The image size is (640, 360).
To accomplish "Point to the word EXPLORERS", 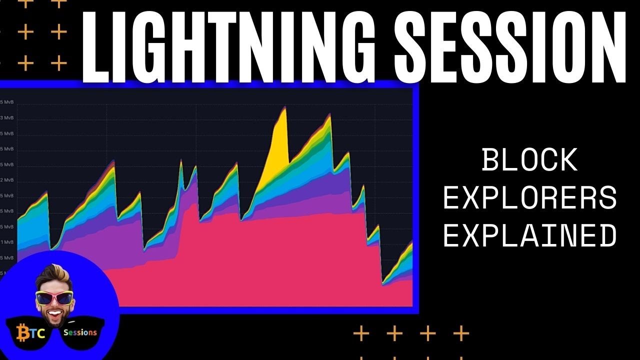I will pyautogui.click(x=530, y=198).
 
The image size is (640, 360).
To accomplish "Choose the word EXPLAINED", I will pyautogui.click(x=530, y=236).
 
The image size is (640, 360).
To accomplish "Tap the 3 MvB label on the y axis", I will pyautogui.click(x=7, y=118).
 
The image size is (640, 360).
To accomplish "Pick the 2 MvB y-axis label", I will pyautogui.click(x=7, y=180).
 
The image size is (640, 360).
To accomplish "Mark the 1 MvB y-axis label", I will pyautogui.click(x=7, y=242).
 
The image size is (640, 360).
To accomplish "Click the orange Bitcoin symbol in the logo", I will pyautogui.click(x=22, y=332).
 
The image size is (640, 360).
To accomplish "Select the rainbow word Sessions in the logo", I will pyautogui.click(x=80, y=332).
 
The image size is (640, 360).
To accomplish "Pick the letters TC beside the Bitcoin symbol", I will pyautogui.click(x=38, y=333).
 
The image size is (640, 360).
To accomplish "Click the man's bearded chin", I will pyautogui.click(x=55, y=320).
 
